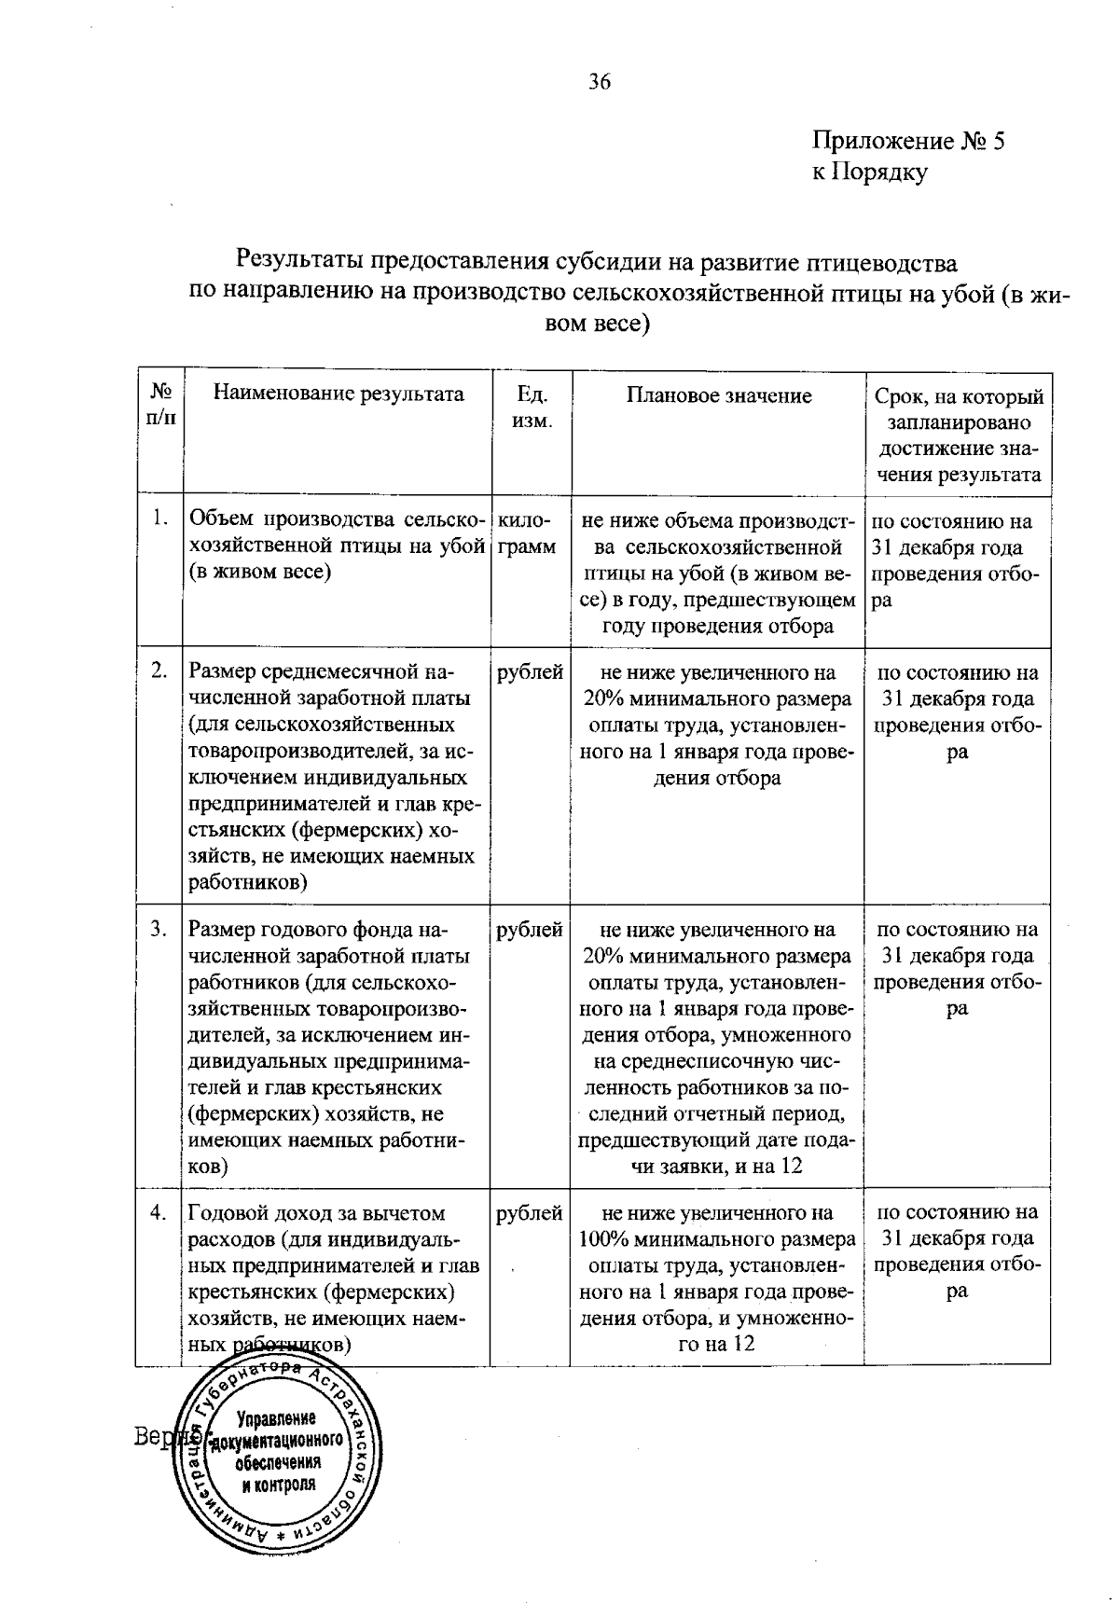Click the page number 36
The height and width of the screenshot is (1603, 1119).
point(600,82)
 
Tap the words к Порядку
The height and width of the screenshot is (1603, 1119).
point(869,172)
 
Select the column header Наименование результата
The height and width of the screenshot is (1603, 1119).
point(338,394)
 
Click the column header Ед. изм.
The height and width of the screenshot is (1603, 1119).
point(532,407)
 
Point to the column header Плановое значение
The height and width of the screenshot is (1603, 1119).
point(718,395)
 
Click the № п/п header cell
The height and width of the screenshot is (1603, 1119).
point(160,404)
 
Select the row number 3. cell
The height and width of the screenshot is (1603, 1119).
point(159,929)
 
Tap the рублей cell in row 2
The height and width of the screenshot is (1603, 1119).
point(530,672)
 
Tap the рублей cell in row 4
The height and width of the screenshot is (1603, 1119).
point(530,1213)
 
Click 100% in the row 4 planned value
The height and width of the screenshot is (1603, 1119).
point(601,1239)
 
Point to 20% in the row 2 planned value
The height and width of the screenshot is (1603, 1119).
point(603,698)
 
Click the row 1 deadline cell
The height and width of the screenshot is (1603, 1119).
point(957,560)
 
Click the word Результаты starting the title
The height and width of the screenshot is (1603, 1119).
point(301,258)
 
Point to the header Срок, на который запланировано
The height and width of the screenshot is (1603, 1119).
point(959,409)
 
